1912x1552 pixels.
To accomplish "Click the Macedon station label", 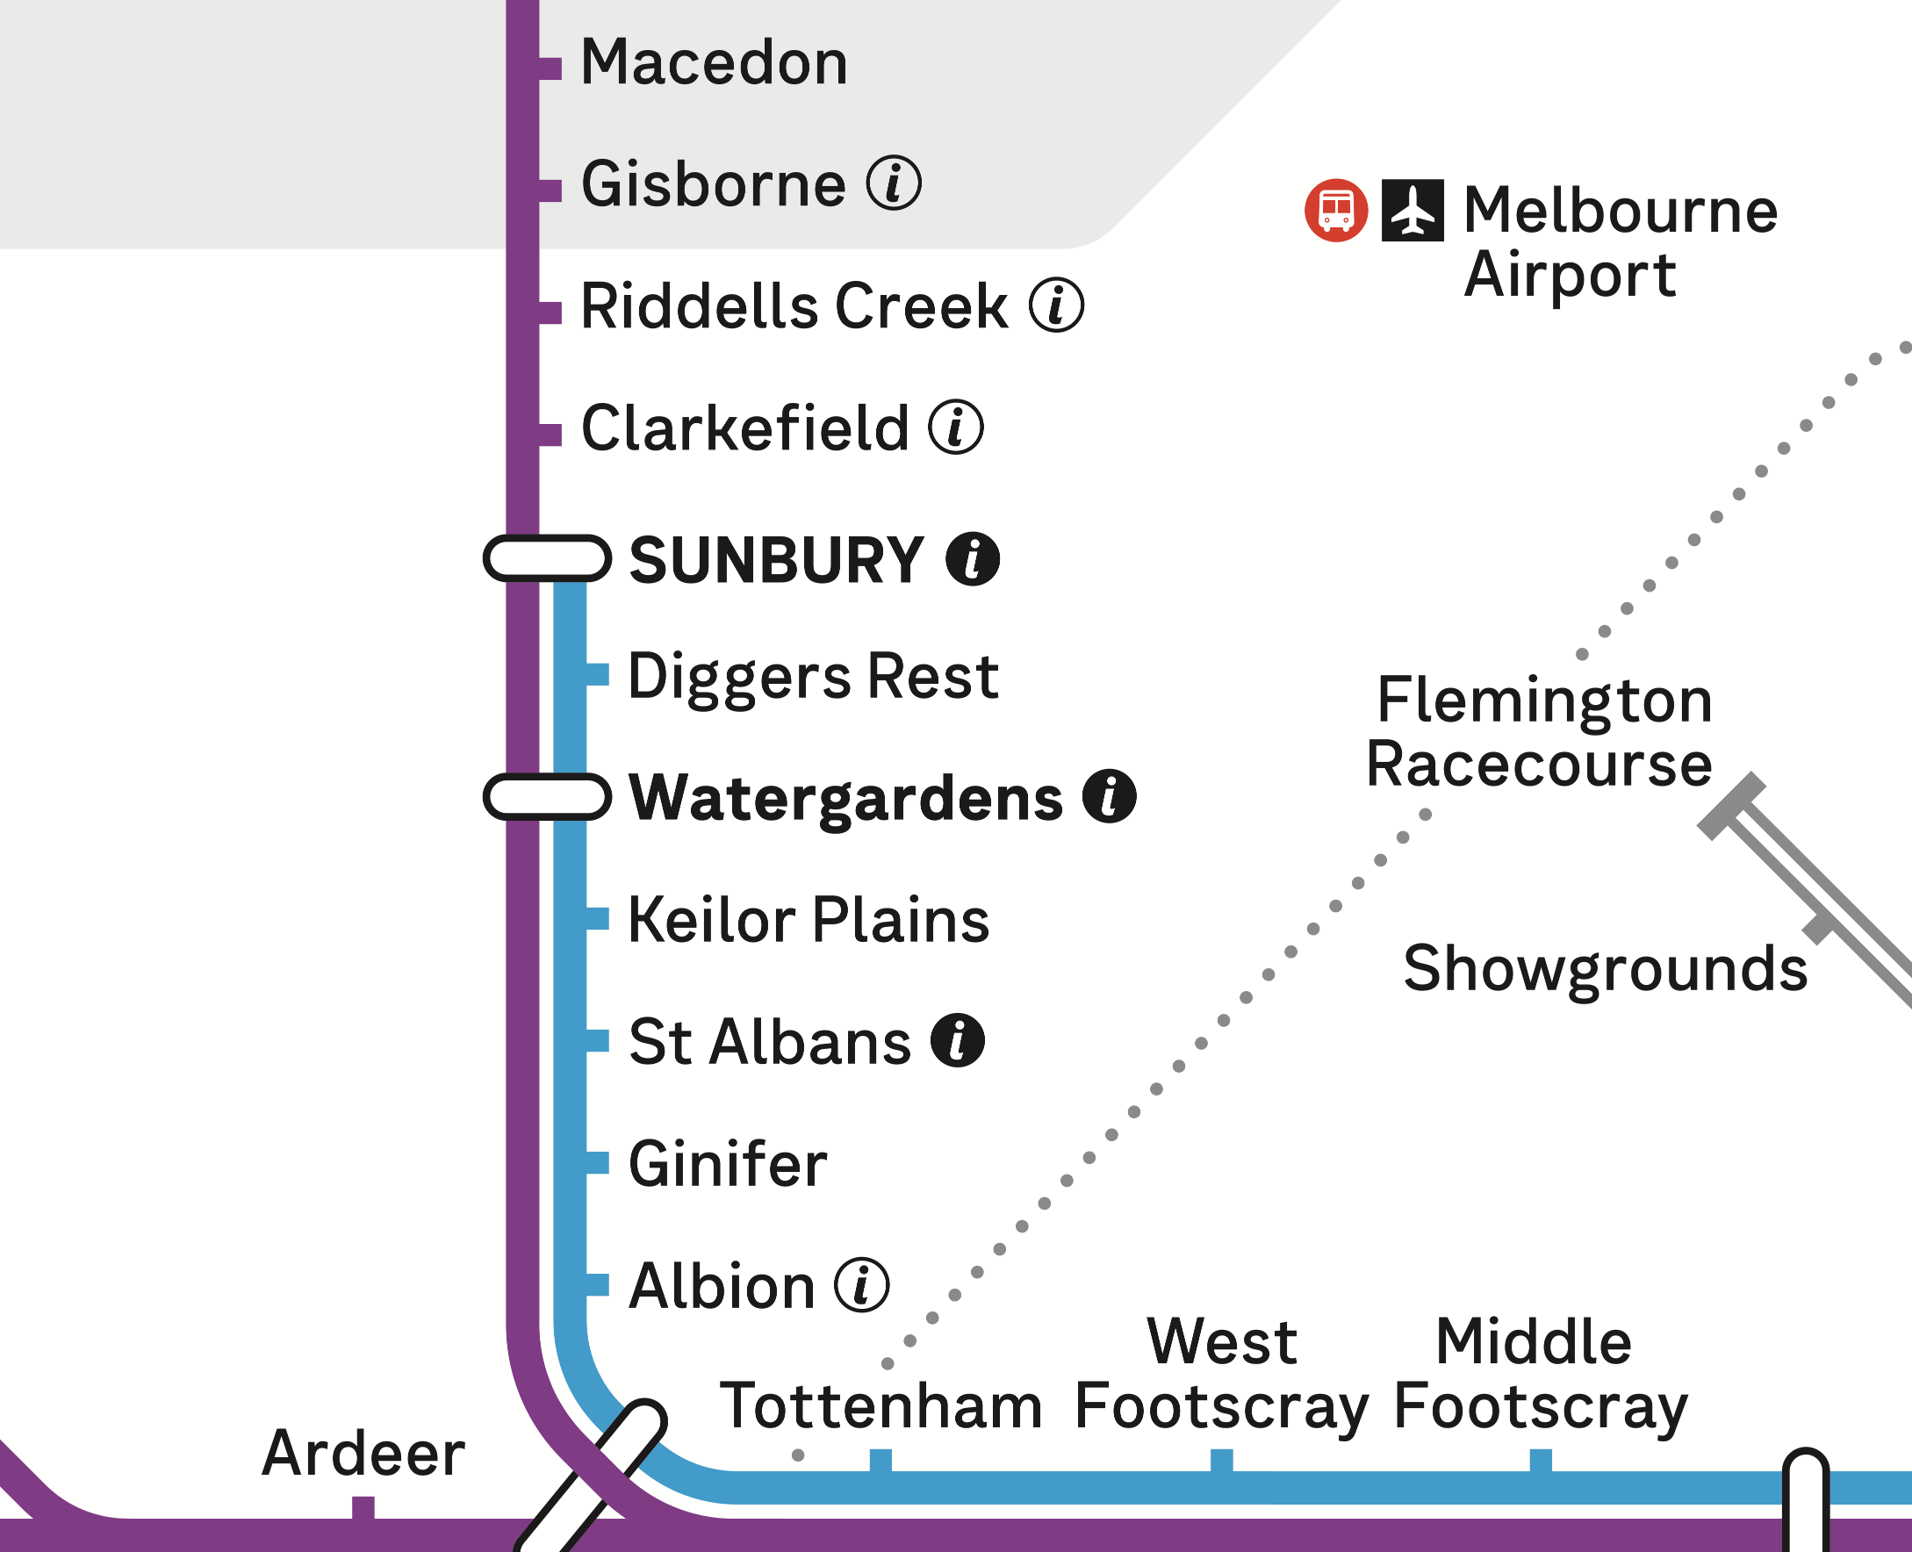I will tap(714, 62).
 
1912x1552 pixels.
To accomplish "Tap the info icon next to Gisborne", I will tap(893, 183).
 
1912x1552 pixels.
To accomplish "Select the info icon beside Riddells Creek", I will tap(1056, 305).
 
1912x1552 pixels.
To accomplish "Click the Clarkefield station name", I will tap(744, 428).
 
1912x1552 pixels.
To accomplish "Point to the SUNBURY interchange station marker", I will tap(546, 559).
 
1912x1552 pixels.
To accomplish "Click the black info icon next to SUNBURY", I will tap(973, 560).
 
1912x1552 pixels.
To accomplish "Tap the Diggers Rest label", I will tap(813, 676).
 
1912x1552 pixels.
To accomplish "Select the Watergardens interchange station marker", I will tap(546, 796).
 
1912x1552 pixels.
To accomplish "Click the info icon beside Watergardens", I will tap(1109, 795).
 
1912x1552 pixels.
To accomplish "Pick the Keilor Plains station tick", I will tap(597, 918).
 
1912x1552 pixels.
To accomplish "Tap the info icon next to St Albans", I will tap(957, 1040).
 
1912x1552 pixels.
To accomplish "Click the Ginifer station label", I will tap(728, 1164).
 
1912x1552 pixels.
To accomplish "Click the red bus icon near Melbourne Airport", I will tap(1335, 211).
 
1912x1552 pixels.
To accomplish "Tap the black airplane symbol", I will tap(1412, 211).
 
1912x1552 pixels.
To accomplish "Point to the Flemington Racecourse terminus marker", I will tap(1731, 806).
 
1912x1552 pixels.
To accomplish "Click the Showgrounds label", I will tap(1605, 968).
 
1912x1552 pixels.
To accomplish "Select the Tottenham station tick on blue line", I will tap(881, 1460).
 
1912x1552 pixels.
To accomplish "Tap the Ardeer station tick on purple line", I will tap(363, 1507).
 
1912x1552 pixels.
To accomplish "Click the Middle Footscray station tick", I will tap(1540, 1460).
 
